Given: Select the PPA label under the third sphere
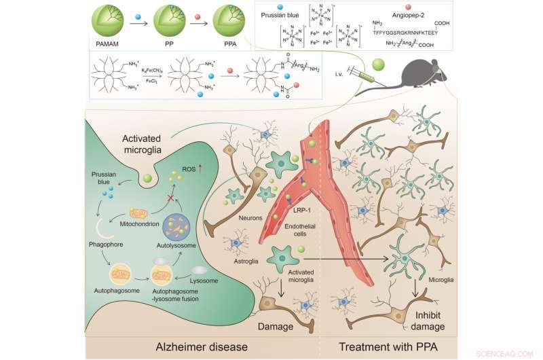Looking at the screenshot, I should pos(230,44).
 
